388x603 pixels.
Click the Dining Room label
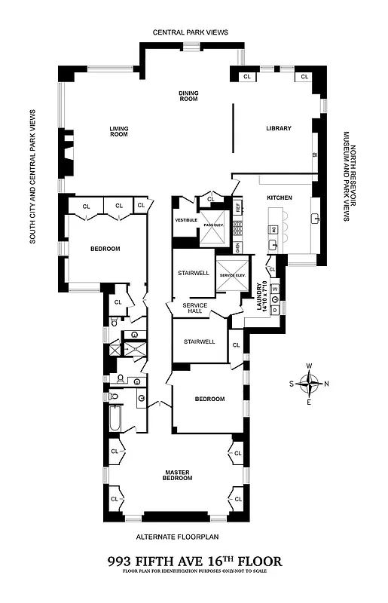click(x=188, y=96)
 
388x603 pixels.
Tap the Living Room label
click(x=120, y=131)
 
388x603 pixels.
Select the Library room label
click(x=278, y=129)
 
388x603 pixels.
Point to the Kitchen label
click(x=279, y=197)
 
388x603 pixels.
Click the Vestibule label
click(x=186, y=220)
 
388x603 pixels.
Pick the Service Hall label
click(x=185, y=308)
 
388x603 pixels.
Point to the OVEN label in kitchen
click(x=237, y=246)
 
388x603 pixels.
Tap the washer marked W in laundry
click(x=275, y=288)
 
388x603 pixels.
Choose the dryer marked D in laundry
click(x=275, y=310)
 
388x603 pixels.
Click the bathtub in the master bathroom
click(x=115, y=419)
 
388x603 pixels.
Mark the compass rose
click(x=309, y=384)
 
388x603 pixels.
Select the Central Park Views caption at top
click(x=190, y=32)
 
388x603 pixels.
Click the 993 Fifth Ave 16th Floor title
click(x=194, y=561)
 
